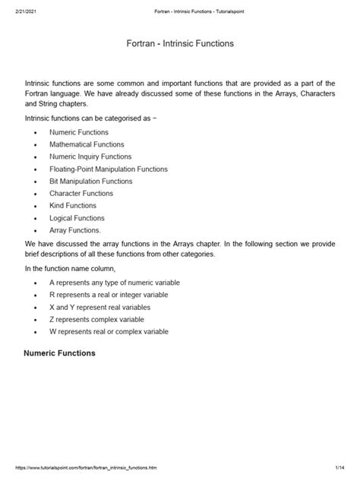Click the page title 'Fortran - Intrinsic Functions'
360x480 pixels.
click(180, 44)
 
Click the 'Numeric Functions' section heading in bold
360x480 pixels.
click(59, 353)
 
